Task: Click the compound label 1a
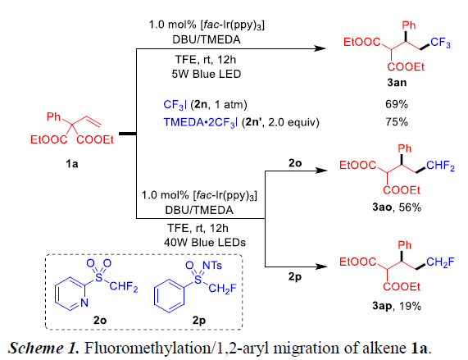(72, 163)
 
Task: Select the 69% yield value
(397, 104)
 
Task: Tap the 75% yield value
(397, 122)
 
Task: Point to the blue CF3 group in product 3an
(440, 43)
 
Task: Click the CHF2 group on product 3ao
(440, 166)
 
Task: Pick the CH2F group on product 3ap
(440, 262)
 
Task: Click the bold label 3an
(397, 82)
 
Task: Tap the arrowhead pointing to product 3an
(320, 48)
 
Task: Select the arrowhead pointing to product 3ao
(322, 171)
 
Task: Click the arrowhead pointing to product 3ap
(322, 267)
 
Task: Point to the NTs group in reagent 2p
(212, 265)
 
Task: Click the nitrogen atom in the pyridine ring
(84, 303)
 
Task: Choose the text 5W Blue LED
(207, 74)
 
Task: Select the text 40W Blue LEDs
(205, 243)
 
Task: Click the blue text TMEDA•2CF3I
(201, 122)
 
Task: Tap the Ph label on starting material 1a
(54, 116)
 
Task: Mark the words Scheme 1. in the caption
(43, 348)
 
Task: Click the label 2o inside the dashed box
(100, 320)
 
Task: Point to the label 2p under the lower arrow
(295, 277)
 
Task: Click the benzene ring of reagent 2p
(170, 296)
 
